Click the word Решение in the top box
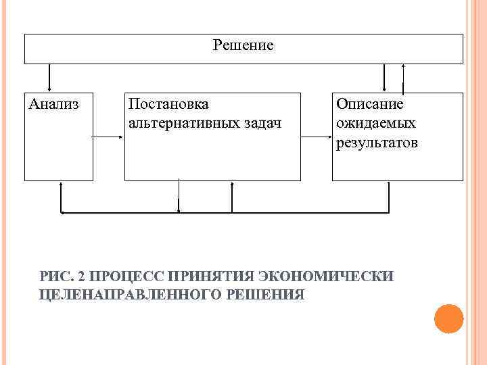point(243,46)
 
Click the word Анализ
point(53,104)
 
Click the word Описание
point(369,104)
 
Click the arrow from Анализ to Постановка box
point(108,137)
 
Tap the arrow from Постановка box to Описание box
point(316,137)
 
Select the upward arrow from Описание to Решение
point(404,78)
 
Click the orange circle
point(448,318)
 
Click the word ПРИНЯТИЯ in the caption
point(211,276)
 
